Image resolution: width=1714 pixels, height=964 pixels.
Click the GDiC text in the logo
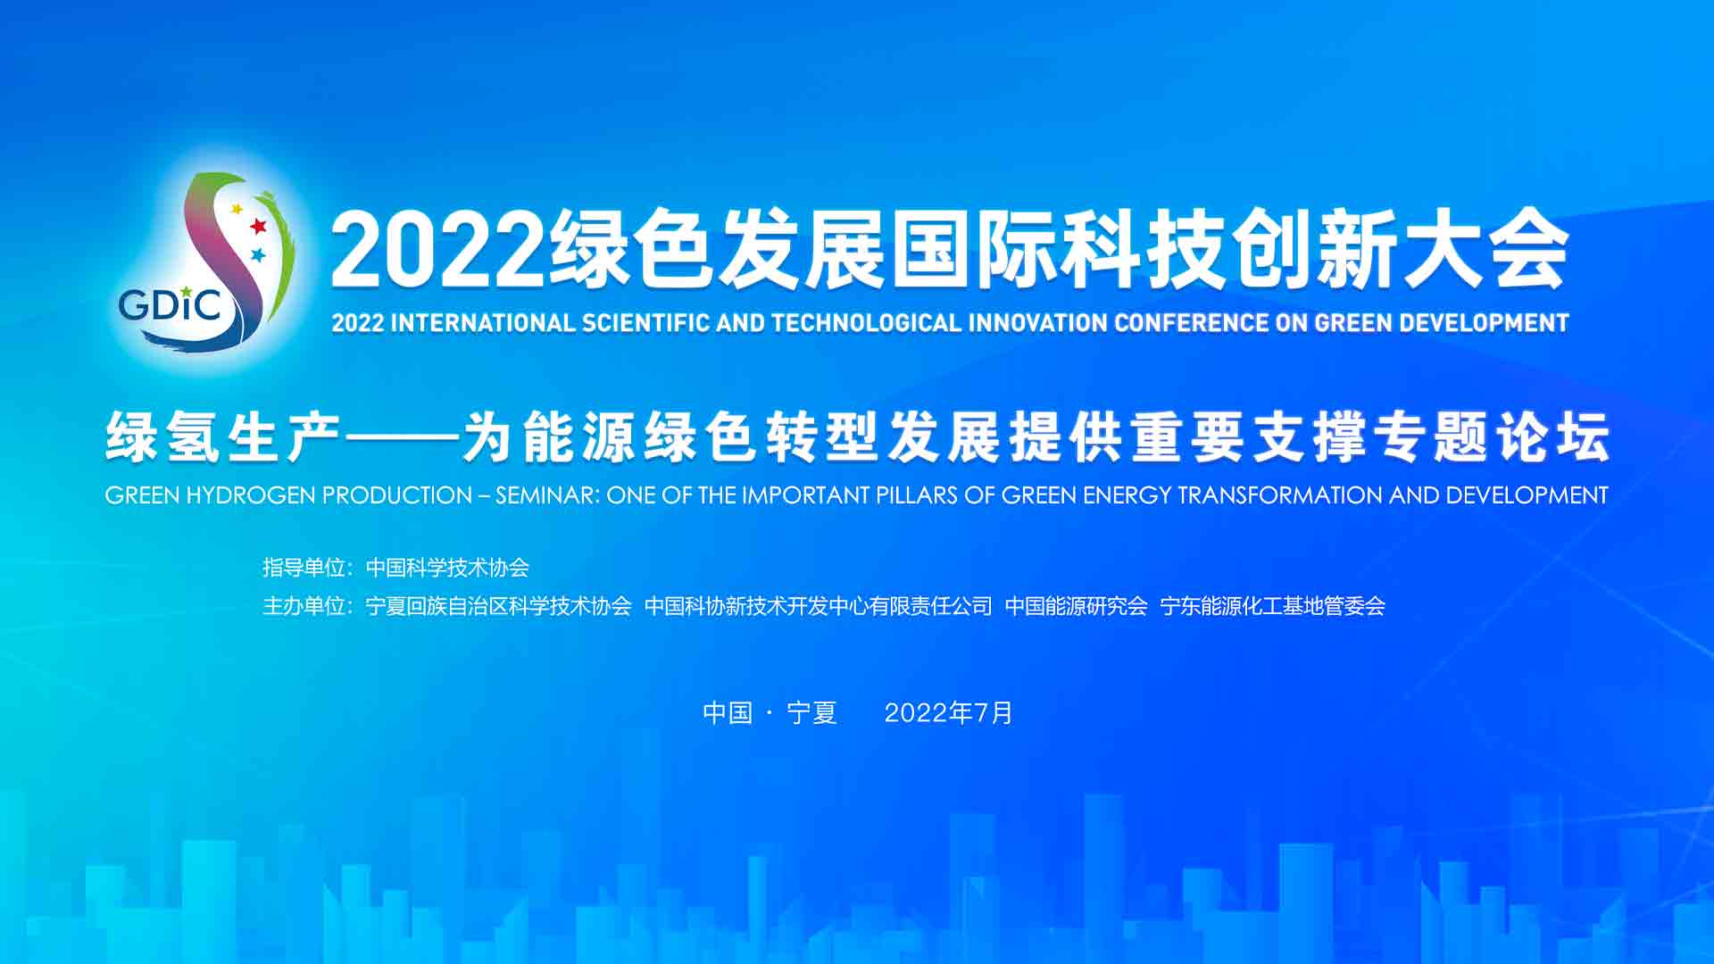[x=170, y=304]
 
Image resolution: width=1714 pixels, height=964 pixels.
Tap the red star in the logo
[x=258, y=225]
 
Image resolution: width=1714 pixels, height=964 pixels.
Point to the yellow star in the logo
[x=237, y=210]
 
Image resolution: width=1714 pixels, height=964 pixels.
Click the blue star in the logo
[x=258, y=255]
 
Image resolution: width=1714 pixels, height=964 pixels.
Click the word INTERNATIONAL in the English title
[x=483, y=322]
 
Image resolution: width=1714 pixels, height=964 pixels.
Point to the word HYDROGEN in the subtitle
[x=251, y=495]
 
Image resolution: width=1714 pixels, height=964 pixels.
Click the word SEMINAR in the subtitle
[x=548, y=495]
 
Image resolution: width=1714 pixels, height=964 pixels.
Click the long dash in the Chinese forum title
[x=402, y=437]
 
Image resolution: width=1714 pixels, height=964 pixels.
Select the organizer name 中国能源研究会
[x=1076, y=606]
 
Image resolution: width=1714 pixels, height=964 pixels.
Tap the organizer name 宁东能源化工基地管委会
[x=1272, y=606]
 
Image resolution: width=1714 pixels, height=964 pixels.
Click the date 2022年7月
[x=948, y=712]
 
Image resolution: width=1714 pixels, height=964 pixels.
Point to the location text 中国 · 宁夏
[x=770, y=712]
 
